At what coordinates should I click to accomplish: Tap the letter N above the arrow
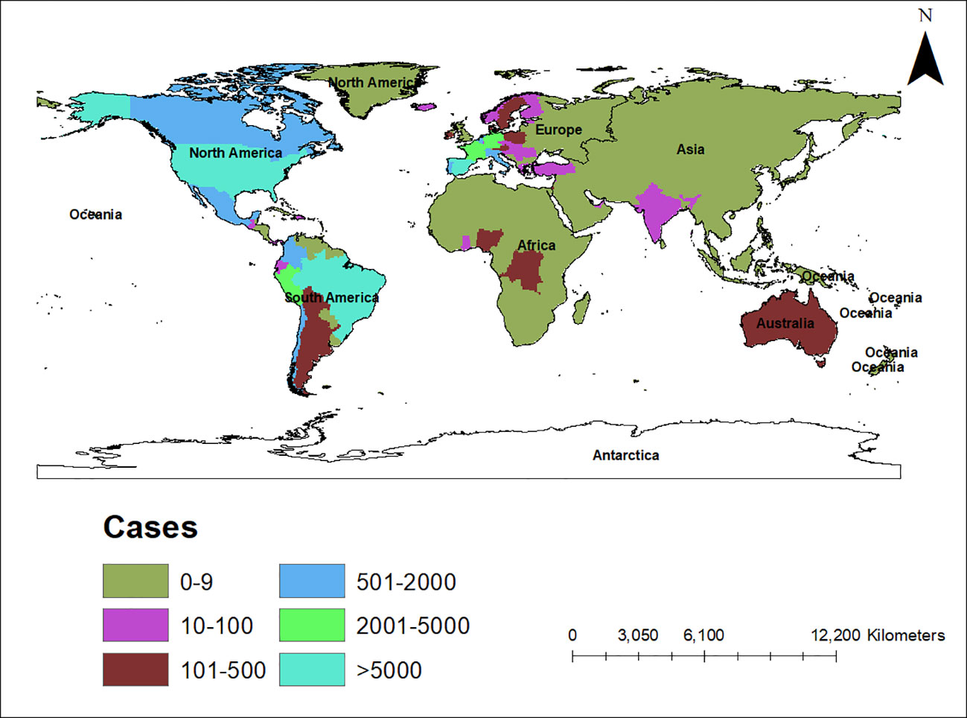[925, 16]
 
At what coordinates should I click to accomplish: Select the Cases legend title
[150, 527]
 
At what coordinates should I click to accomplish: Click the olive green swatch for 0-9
[135, 581]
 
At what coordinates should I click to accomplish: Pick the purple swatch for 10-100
[135, 625]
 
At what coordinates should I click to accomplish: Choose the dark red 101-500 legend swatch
[135, 670]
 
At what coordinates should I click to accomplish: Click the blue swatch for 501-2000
[312, 581]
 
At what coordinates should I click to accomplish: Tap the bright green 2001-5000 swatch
[312, 625]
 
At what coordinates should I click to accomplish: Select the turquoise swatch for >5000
[312, 670]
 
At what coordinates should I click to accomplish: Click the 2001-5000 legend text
[412, 626]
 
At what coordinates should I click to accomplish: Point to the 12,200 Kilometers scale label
[878, 635]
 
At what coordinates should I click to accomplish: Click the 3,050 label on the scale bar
[638, 635]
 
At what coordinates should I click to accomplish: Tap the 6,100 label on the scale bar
[703, 635]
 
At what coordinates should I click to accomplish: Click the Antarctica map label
[625, 455]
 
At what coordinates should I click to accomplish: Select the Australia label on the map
[785, 323]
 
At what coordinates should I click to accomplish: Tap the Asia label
[690, 150]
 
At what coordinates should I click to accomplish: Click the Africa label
[536, 245]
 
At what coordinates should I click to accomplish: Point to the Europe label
[558, 130]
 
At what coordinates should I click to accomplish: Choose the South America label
[332, 298]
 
